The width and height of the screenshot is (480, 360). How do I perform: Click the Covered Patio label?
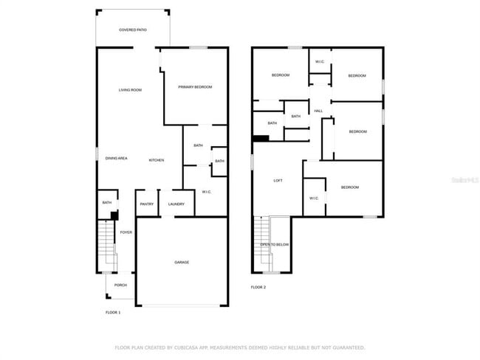click(132, 30)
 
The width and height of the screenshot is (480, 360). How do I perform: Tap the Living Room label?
click(131, 90)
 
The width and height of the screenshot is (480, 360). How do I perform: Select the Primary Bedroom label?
click(195, 87)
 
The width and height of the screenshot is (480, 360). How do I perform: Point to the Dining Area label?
click(116, 159)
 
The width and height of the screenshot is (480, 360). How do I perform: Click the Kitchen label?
click(157, 160)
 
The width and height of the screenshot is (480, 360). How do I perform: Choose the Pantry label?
click(146, 204)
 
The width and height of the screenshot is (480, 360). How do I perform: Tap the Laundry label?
click(176, 204)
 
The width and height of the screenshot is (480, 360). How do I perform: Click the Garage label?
click(182, 262)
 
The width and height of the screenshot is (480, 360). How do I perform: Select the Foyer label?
click(126, 232)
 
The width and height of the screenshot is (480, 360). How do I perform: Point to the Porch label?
click(120, 285)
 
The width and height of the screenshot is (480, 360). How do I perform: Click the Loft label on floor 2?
click(278, 180)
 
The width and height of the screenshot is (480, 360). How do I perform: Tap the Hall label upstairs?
click(318, 111)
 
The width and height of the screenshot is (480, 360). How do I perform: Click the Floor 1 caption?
click(113, 312)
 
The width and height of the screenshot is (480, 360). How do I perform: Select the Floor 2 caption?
click(258, 287)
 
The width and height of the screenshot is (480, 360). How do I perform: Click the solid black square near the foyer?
click(114, 215)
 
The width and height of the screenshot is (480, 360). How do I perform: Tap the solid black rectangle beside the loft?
click(261, 138)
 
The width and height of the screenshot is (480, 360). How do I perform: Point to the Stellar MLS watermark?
click(464, 179)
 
